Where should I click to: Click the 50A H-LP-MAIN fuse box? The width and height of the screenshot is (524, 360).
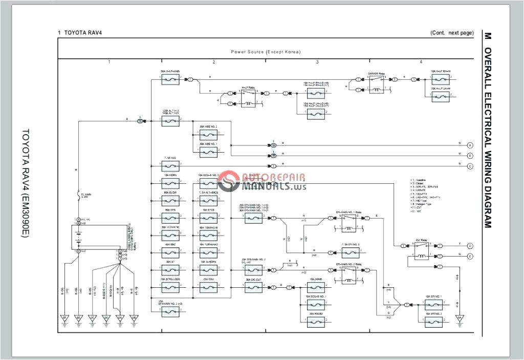[x=170, y=79]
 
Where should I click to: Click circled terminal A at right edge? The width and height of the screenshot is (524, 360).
[x=470, y=145]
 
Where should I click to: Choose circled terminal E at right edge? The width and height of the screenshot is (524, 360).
[x=470, y=256]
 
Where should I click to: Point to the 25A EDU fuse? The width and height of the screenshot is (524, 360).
[x=209, y=288]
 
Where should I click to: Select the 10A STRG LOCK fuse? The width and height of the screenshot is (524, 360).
[x=170, y=288]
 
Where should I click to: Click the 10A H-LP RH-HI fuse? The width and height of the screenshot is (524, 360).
[x=440, y=79]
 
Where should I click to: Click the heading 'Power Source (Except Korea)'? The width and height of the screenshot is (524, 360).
[x=266, y=52]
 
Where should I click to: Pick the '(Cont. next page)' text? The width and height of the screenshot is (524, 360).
[x=452, y=33]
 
